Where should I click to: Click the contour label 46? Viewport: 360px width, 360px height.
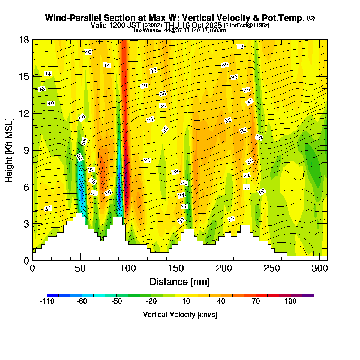click(88, 52)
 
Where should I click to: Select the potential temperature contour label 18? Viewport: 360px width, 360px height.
click(231, 219)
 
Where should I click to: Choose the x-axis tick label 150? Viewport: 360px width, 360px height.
click(176, 268)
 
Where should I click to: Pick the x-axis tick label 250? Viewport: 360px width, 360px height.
click(272, 268)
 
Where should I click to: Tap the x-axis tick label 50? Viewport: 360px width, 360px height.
click(80, 268)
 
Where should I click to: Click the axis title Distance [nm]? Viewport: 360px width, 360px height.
click(180, 282)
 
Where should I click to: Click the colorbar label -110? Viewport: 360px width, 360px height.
click(47, 301)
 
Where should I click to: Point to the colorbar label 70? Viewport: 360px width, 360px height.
click(256, 301)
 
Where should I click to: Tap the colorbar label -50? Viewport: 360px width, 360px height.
click(117, 301)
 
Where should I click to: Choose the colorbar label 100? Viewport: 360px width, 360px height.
click(291, 301)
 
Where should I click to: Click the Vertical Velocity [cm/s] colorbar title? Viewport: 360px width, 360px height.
click(180, 315)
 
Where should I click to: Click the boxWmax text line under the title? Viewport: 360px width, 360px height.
click(180, 30)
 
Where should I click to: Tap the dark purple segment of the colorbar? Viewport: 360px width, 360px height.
click(308, 295)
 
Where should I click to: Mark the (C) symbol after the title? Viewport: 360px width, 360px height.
click(311, 18)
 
